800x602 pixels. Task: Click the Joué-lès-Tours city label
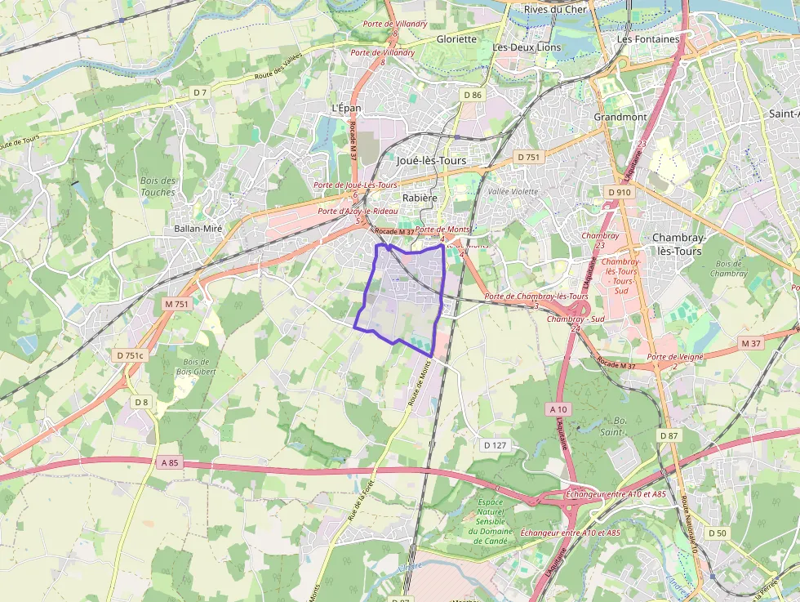click(x=431, y=161)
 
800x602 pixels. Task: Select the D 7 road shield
click(x=201, y=92)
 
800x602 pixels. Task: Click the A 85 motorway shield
click(x=169, y=463)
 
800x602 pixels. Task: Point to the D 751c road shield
click(x=129, y=355)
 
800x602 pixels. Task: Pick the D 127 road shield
click(x=495, y=445)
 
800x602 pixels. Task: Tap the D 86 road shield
click(x=473, y=96)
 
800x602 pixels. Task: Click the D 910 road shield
click(x=620, y=192)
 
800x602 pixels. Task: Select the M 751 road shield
click(x=176, y=304)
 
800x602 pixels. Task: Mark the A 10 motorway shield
click(x=558, y=408)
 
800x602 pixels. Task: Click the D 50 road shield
click(x=717, y=533)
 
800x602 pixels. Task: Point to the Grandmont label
click(x=620, y=117)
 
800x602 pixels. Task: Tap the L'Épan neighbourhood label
click(x=346, y=108)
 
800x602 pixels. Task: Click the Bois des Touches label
click(x=158, y=186)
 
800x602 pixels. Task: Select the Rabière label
click(x=420, y=198)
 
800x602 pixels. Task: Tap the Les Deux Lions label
click(x=527, y=47)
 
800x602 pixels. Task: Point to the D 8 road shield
click(x=142, y=402)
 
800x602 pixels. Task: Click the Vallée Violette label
click(x=513, y=191)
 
